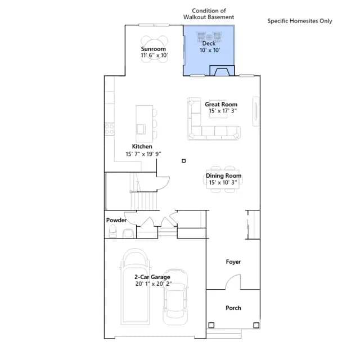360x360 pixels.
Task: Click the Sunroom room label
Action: (153, 49)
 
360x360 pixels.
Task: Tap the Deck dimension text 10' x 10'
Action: (210, 50)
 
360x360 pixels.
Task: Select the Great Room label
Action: (221, 105)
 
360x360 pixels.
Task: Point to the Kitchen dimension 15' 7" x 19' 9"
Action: (143, 154)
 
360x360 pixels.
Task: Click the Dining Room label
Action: (223, 175)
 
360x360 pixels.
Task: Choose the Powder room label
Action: (116, 220)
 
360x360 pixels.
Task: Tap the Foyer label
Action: (233, 262)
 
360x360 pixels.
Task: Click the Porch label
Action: (233, 308)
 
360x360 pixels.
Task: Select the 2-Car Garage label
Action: (152, 277)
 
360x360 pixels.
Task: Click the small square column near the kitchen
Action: (184, 161)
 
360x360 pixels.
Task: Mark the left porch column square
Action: (211, 325)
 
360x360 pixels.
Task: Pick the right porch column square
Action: (256, 325)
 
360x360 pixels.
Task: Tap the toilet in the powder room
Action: (112, 231)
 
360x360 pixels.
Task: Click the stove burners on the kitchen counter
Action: (109, 129)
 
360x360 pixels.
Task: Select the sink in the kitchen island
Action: (141, 129)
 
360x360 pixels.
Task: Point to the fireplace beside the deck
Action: (222, 71)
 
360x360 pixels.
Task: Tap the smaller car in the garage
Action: (175, 296)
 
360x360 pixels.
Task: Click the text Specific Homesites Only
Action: (300, 21)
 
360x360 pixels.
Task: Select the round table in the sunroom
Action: (154, 49)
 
